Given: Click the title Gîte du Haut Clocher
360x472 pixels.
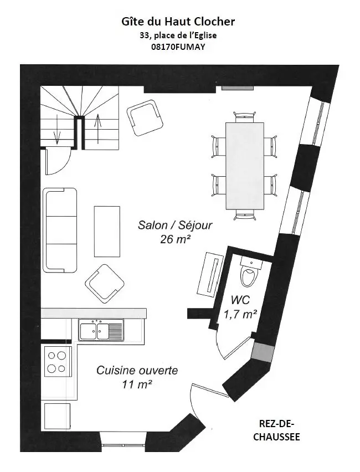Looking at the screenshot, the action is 178,22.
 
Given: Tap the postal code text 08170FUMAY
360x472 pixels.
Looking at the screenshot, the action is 178,47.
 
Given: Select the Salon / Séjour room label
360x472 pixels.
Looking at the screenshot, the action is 175,225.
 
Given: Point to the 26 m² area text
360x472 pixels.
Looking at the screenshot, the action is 175,240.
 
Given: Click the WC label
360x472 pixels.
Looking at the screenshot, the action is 240,300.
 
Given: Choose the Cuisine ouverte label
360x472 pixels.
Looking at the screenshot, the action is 137,370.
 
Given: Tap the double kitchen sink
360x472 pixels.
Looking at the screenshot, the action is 101,330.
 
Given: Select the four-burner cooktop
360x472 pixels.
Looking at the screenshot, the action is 58,361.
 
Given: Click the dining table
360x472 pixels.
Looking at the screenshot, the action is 245,166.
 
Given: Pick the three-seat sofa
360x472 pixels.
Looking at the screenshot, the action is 60,230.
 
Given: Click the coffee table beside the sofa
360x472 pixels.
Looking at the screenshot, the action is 107,231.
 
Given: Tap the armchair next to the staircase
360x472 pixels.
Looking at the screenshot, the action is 145,119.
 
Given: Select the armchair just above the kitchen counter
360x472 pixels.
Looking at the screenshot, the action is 105,284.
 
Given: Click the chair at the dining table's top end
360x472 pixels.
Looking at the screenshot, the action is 245,116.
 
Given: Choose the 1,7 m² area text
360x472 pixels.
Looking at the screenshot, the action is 240,314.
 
